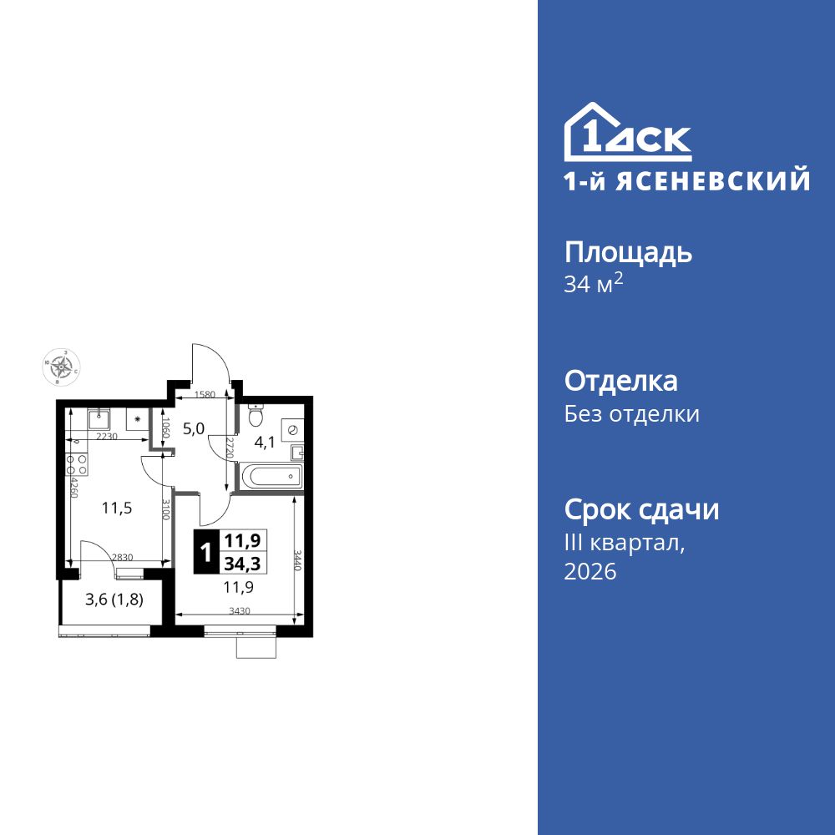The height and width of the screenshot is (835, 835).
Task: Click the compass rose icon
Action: click(x=61, y=366)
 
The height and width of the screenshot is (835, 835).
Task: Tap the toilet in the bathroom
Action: click(x=256, y=415)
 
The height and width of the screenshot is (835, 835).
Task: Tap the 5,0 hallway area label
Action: click(x=194, y=429)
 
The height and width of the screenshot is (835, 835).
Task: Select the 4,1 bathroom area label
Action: click(x=265, y=443)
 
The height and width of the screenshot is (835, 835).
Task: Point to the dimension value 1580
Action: click(x=205, y=395)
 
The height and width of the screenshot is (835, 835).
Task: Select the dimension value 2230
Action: click(x=106, y=437)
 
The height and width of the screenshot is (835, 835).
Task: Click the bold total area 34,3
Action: click(x=241, y=564)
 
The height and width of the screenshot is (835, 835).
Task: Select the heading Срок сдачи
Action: click(x=641, y=509)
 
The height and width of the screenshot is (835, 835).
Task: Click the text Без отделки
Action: click(x=632, y=414)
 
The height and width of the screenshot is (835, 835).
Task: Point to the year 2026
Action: click(x=590, y=572)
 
